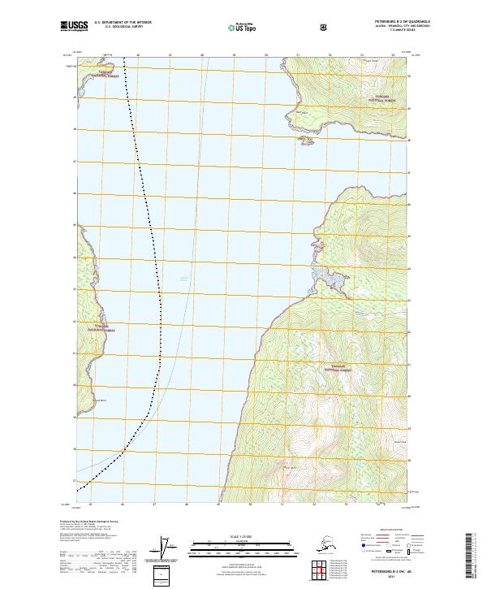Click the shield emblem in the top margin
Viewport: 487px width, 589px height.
(x=324, y=27)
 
